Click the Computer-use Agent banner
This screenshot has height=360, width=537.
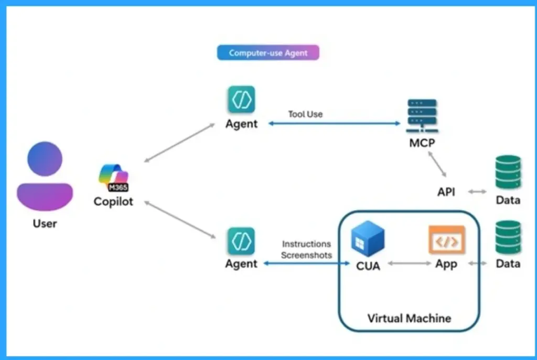(x=268, y=53)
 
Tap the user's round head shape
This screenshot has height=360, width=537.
(x=45, y=159)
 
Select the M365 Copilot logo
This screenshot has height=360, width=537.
(x=113, y=178)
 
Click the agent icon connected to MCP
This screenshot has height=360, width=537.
(x=241, y=99)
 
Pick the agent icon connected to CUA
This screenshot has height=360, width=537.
(x=241, y=241)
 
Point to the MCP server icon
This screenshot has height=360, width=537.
(x=422, y=116)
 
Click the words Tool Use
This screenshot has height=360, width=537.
(x=305, y=114)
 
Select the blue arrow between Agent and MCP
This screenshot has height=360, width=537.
(x=334, y=124)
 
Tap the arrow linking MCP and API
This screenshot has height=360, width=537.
(x=437, y=164)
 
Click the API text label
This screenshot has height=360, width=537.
(x=446, y=192)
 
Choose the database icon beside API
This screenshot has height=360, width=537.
(x=508, y=172)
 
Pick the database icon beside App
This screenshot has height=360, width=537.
(x=508, y=237)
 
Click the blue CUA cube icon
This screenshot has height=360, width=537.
(x=368, y=239)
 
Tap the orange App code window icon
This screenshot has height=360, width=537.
(x=447, y=240)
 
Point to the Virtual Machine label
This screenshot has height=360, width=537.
(x=409, y=318)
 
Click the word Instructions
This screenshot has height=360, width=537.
(x=306, y=244)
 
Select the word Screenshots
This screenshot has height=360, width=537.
(x=306, y=255)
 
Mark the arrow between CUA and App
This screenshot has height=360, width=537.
(x=409, y=263)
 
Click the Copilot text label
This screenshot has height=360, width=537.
(x=113, y=202)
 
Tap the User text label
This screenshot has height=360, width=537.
(x=45, y=223)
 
